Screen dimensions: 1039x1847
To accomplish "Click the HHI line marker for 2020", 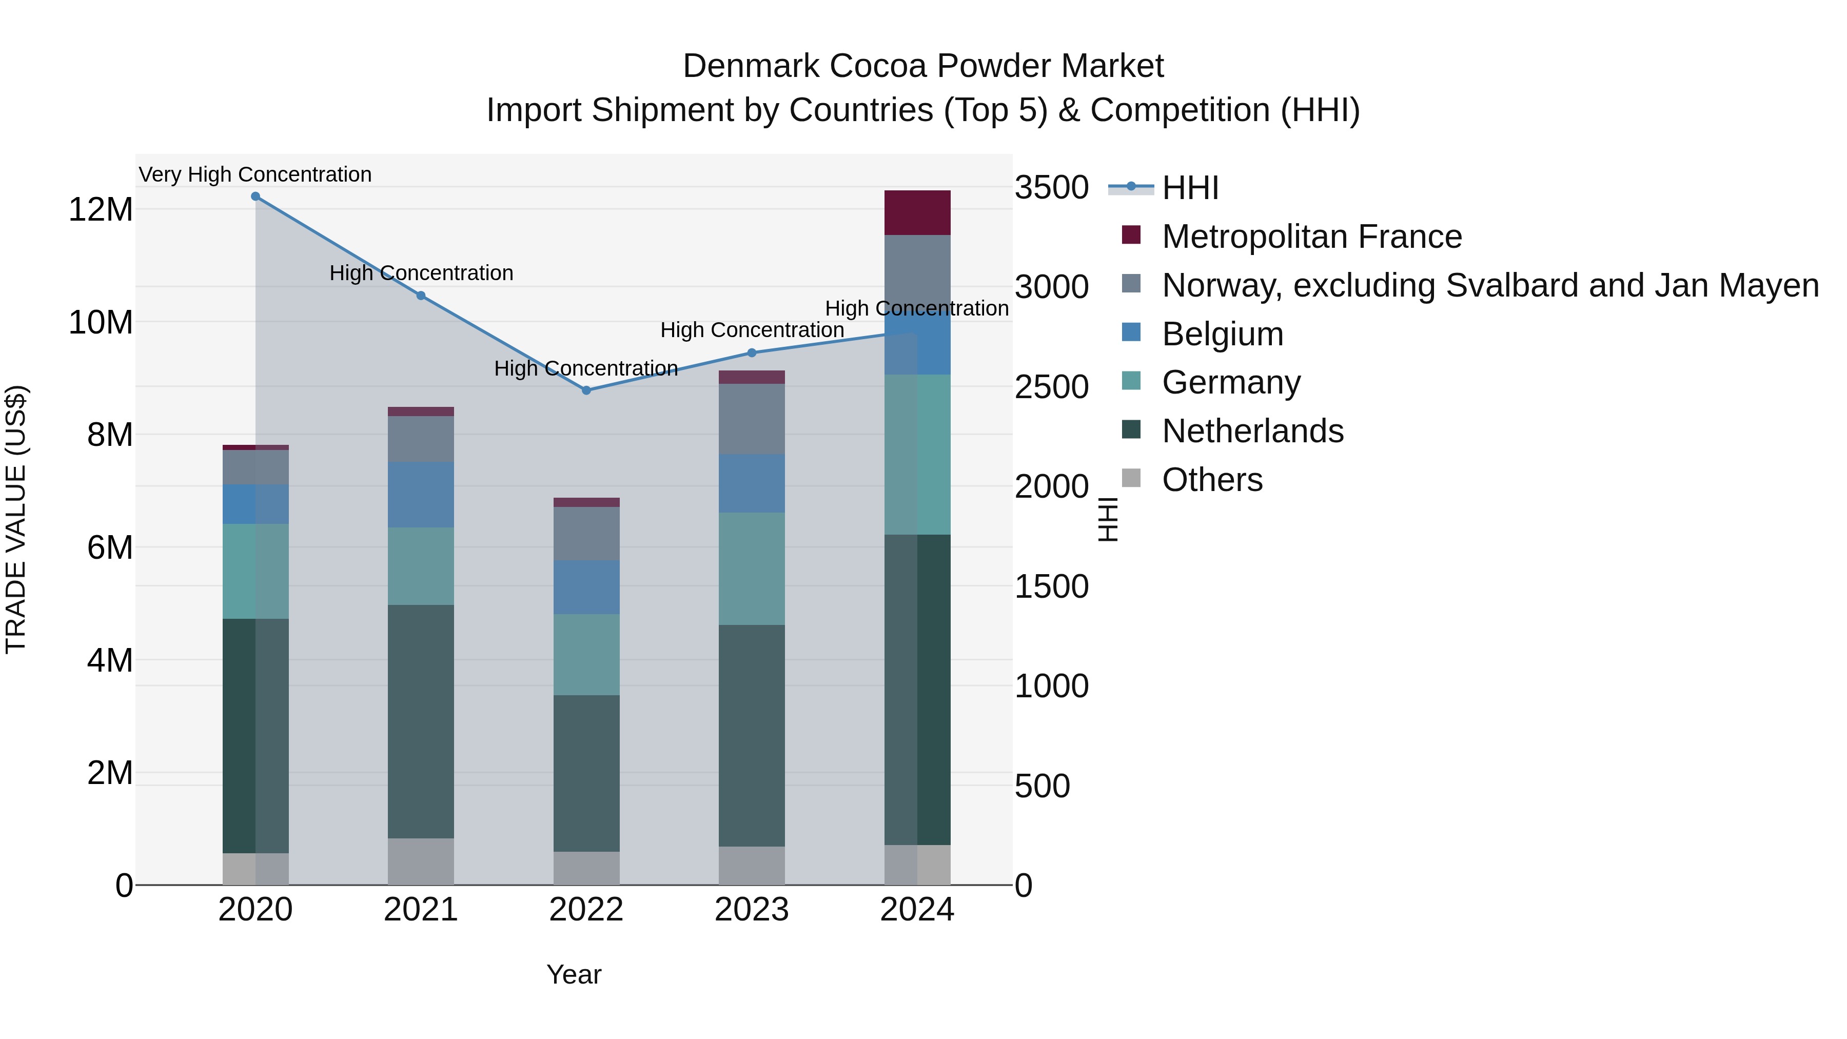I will coord(256,197).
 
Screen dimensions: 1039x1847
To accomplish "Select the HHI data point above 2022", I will coord(586,390).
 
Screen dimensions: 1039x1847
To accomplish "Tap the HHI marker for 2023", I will coord(752,353).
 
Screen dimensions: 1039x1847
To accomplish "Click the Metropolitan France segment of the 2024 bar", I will coord(917,213).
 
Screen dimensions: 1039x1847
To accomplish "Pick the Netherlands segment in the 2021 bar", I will coord(421,721).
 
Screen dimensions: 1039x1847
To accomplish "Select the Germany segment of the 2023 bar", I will coord(752,568).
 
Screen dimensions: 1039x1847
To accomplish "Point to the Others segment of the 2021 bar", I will coord(421,861).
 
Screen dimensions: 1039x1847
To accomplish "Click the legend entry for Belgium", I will coord(1223,334).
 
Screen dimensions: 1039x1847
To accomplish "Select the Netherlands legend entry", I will coord(1252,432).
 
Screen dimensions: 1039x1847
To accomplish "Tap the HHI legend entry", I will coord(1190,188).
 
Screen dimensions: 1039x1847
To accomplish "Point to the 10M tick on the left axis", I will coord(101,323).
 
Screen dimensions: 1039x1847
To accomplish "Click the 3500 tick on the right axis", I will coord(1051,188).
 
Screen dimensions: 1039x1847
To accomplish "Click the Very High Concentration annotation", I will coord(256,174).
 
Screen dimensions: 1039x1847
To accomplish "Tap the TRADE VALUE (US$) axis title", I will coord(16,519).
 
